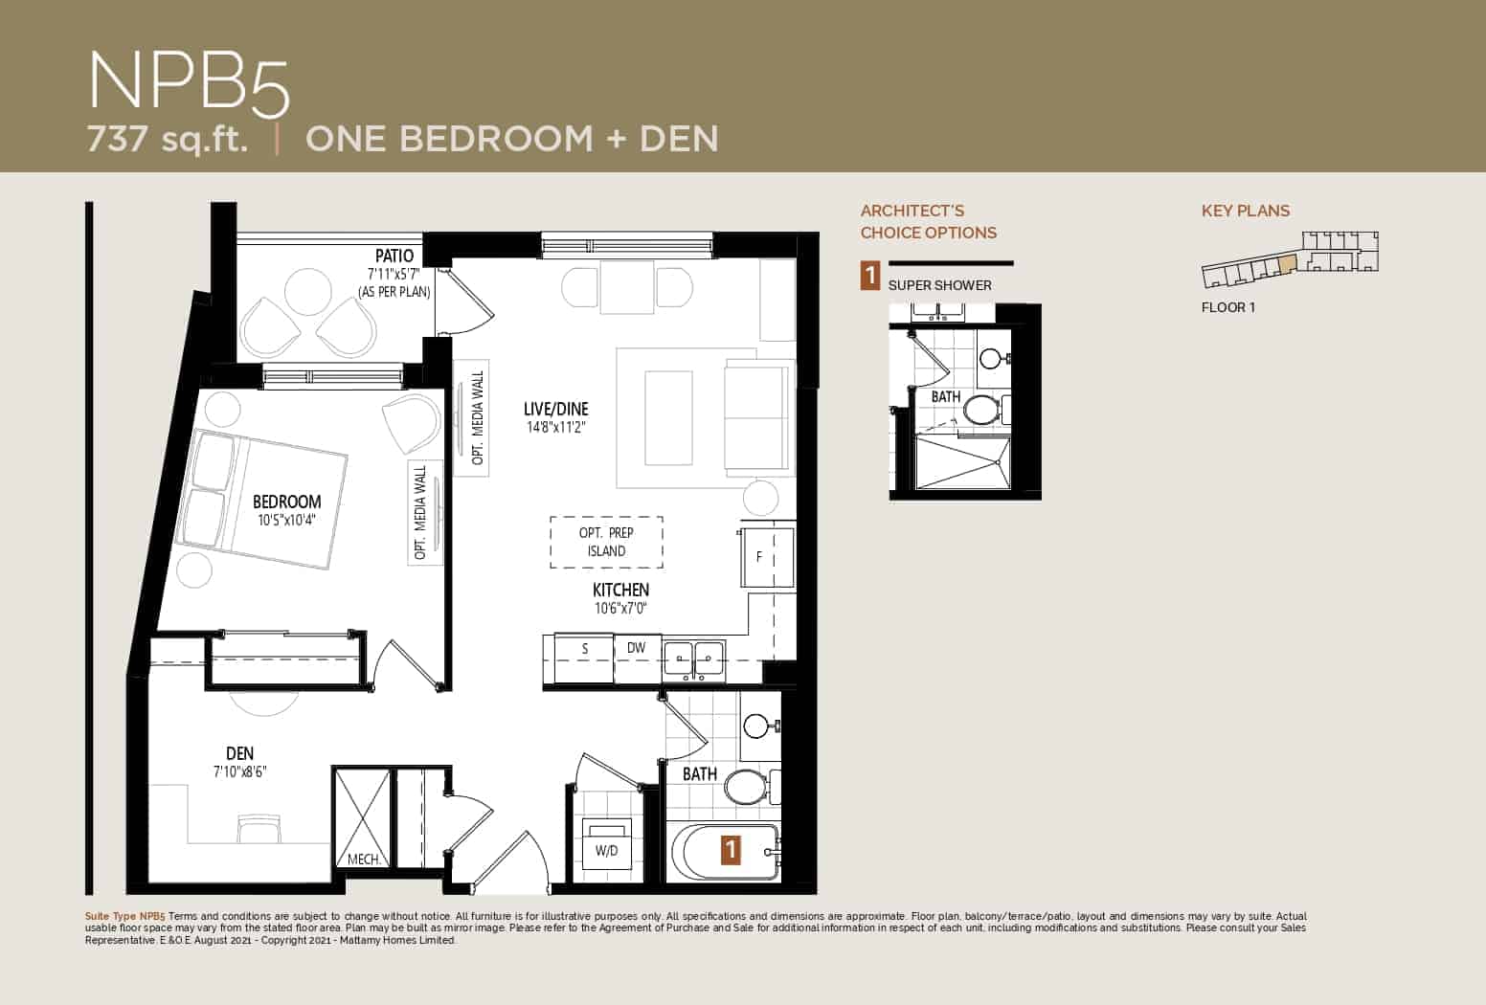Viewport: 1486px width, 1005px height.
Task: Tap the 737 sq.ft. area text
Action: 168,140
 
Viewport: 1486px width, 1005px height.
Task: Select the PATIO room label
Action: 394,257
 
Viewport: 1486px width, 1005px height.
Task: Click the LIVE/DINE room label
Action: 556,409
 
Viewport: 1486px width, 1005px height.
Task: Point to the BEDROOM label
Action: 286,502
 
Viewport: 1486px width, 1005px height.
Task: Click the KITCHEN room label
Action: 621,590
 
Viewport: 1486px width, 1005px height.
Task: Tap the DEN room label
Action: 239,753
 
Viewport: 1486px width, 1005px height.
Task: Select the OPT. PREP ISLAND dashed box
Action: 606,542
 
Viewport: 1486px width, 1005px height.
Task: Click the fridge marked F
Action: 768,557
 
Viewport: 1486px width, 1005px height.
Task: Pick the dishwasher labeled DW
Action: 636,648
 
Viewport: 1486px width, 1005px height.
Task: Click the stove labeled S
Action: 584,649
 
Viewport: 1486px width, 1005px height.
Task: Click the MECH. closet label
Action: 364,860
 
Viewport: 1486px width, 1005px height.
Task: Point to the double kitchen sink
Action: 694,659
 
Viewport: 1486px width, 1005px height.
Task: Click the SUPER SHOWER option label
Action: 939,285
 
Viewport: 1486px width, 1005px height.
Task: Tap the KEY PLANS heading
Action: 1245,211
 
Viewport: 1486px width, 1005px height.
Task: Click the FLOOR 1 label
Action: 1227,308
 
